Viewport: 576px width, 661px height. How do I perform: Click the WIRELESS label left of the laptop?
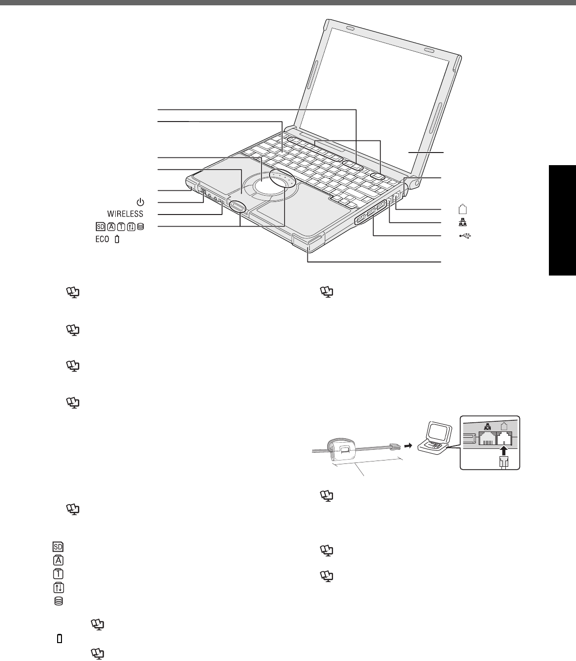pyautogui.click(x=125, y=214)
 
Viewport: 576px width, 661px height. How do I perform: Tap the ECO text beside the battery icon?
pyautogui.click(x=102, y=239)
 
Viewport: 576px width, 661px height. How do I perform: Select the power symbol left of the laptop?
pyautogui.click(x=140, y=201)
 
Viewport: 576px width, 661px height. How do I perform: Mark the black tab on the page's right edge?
pyautogui.click(x=562, y=220)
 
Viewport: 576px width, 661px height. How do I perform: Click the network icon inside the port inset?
pyautogui.click(x=487, y=428)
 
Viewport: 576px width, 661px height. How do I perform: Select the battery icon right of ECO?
pyautogui.click(x=117, y=239)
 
